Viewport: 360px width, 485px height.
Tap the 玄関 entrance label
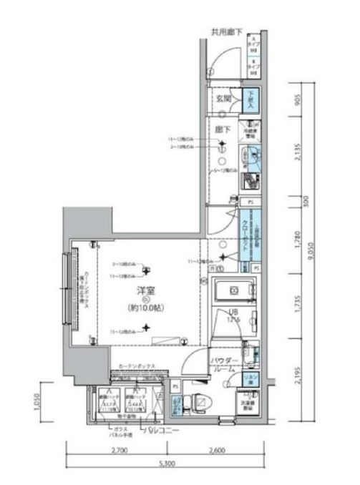tap(223, 99)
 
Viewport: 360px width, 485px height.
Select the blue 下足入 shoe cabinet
tap(250, 99)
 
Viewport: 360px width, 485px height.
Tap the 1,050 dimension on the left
tap(36, 405)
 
